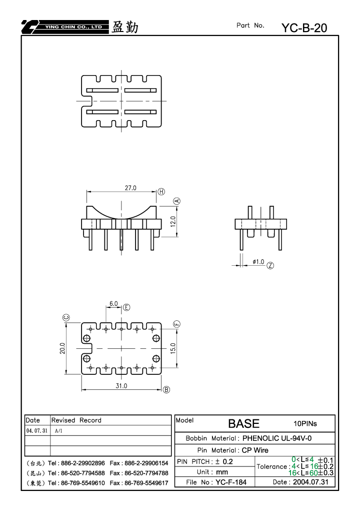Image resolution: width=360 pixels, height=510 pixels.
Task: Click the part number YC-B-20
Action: (304, 28)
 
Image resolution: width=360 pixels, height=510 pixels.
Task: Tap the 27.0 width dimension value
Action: (130, 188)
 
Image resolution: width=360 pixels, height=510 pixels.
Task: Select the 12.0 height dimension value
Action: (173, 222)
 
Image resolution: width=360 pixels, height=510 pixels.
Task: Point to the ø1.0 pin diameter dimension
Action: (258, 262)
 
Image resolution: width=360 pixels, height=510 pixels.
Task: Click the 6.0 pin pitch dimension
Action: (113, 303)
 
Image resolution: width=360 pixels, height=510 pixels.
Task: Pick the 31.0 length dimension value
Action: (121, 386)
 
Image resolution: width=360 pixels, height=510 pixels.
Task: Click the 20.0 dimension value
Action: (62, 348)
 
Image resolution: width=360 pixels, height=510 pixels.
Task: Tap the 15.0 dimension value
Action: (173, 348)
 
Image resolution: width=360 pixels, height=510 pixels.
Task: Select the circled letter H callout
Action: (161, 192)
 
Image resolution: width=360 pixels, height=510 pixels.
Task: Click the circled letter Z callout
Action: (270, 265)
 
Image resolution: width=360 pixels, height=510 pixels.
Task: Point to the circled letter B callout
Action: (166, 389)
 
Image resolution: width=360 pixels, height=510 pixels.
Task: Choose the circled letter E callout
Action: (126, 307)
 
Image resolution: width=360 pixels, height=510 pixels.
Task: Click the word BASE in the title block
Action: (243, 423)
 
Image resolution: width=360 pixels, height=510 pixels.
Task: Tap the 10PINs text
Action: (305, 423)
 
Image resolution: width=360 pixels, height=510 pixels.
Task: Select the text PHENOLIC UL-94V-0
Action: (277, 438)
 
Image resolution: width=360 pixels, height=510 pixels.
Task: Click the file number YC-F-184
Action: (231, 482)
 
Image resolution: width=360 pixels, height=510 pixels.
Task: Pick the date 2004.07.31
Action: (310, 482)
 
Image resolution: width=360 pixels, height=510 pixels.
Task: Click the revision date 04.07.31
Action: (36, 430)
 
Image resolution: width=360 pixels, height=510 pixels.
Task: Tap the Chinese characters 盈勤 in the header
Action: (125, 27)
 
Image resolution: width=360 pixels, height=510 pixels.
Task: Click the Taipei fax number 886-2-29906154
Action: (146, 463)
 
